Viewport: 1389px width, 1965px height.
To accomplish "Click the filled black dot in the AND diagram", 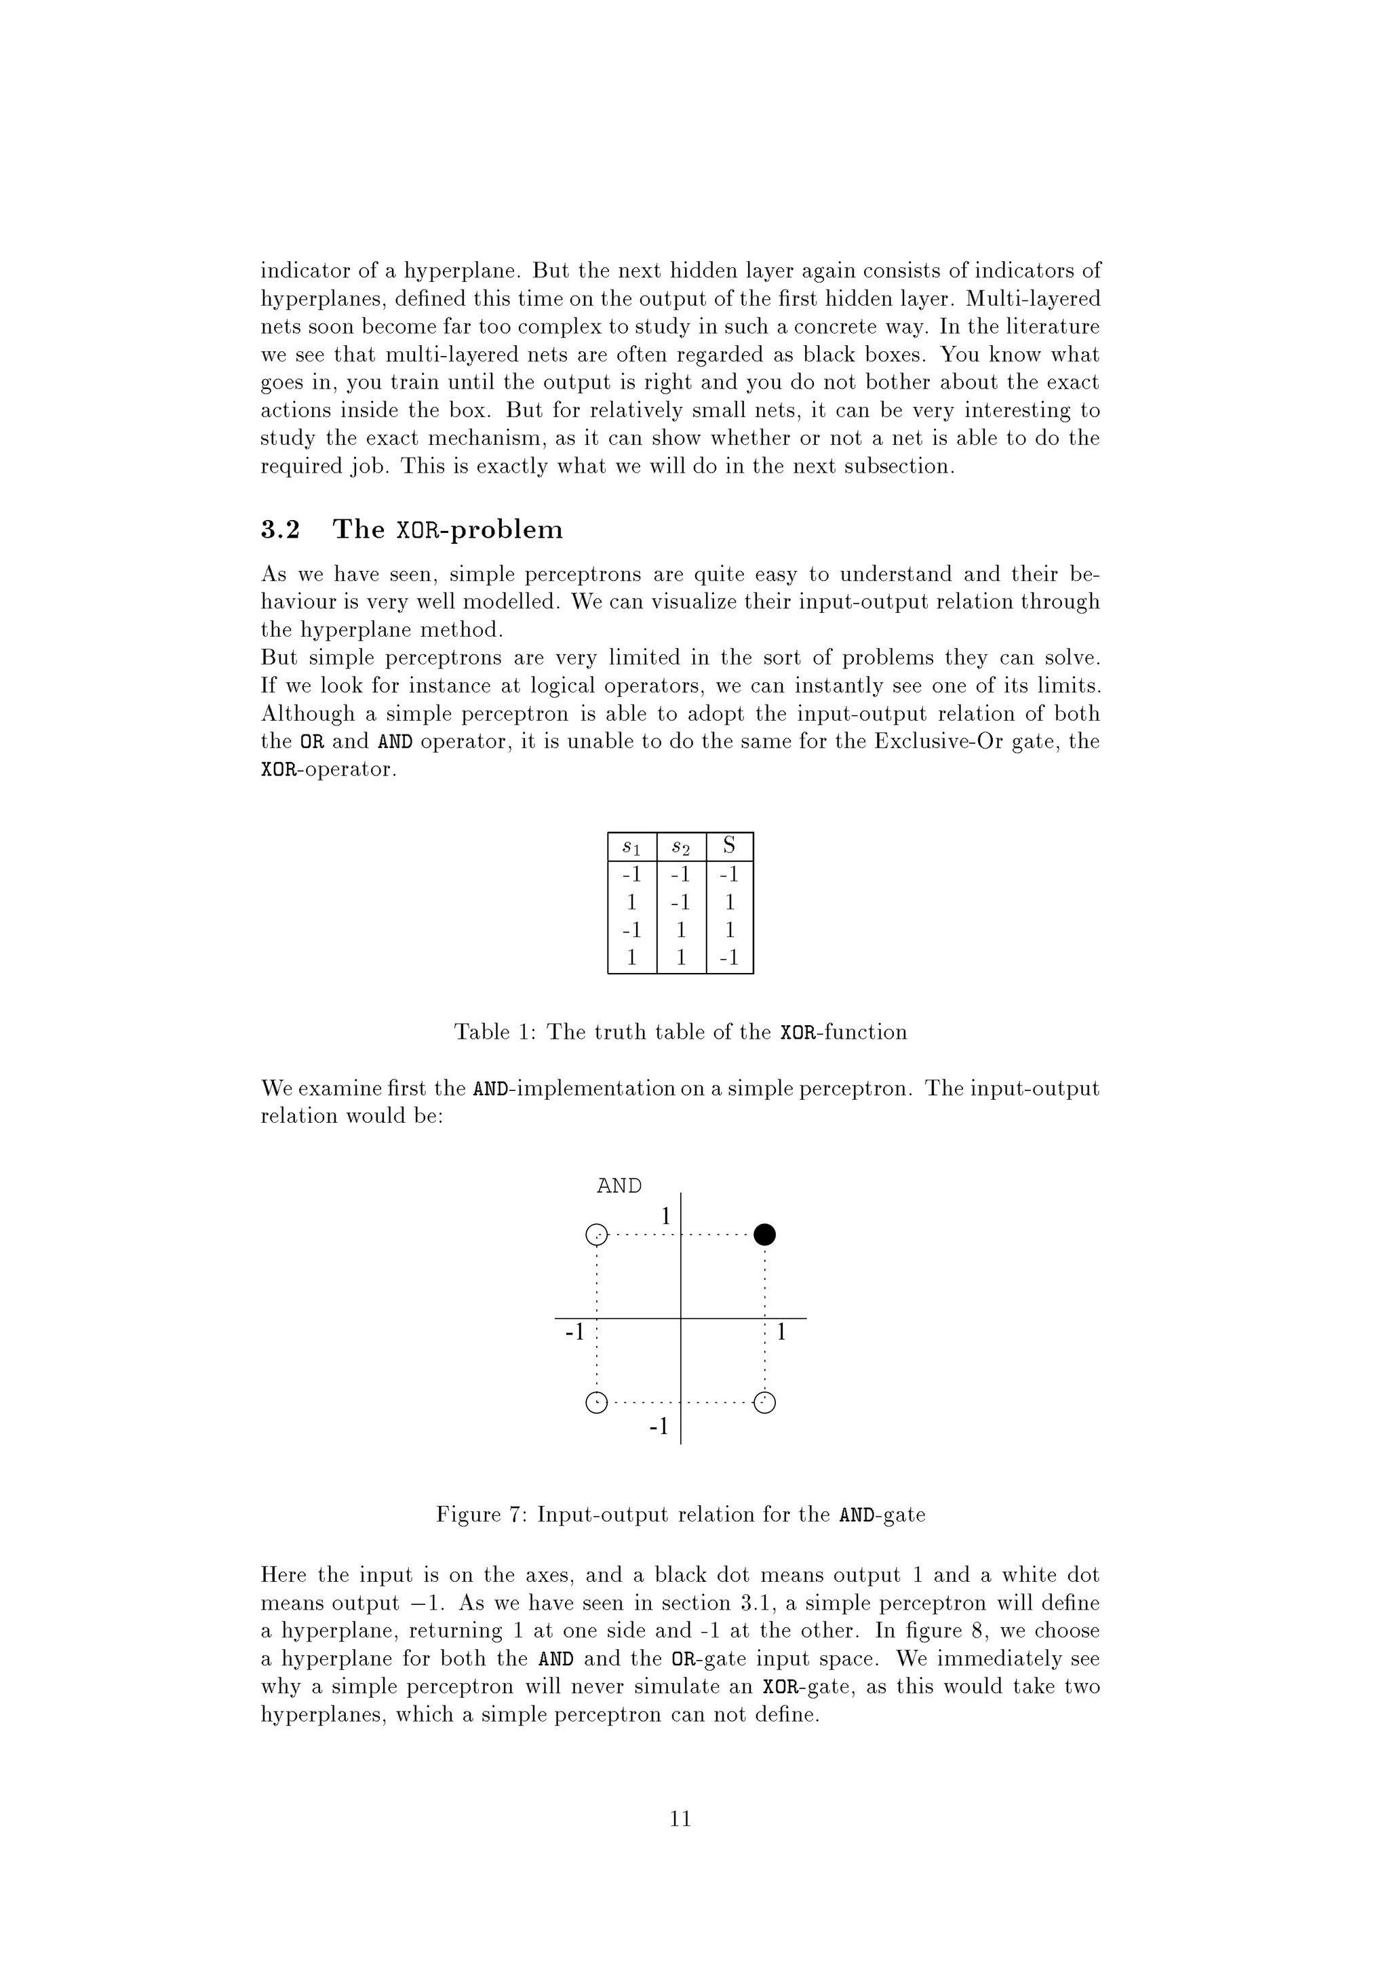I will click(765, 1234).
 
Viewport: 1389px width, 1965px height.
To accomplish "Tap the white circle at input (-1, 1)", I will click(597, 1235).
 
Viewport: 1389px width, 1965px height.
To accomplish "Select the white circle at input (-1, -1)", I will click(597, 1403).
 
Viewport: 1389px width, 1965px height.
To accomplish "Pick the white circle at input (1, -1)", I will click(765, 1403).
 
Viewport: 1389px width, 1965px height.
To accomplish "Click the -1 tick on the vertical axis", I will click(658, 1427).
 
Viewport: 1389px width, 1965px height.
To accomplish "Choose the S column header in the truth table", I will click(729, 846).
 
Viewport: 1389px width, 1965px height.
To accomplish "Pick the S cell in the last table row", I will click(729, 957).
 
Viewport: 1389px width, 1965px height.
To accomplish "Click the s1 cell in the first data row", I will click(631, 875).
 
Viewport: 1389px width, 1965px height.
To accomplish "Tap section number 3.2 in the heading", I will click(280, 530).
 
